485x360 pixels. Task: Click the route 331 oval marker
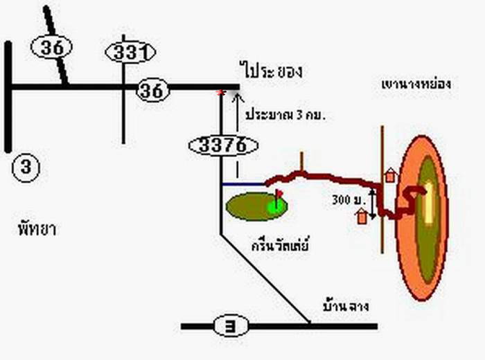(130, 52)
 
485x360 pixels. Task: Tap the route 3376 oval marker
(223, 145)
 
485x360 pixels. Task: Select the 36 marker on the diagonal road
(52, 47)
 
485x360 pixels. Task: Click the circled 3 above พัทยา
(26, 167)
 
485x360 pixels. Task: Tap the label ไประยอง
(273, 71)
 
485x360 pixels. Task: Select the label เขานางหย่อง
(416, 84)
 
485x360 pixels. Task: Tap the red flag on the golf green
(279, 193)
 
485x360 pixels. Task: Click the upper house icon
(390, 175)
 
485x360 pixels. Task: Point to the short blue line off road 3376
(243, 185)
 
